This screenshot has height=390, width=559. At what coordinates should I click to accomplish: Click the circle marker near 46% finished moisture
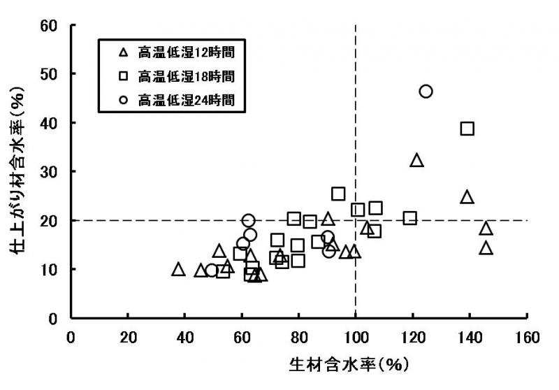(x=426, y=92)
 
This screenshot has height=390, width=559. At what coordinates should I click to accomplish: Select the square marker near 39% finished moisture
(x=467, y=129)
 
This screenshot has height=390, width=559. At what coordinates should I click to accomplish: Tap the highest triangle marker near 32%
(x=416, y=160)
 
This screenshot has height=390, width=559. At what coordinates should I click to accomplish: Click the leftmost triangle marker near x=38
(x=178, y=269)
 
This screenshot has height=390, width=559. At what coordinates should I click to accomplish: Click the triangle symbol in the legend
(x=123, y=52)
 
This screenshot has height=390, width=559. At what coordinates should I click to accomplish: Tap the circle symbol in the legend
(x=123, y=99)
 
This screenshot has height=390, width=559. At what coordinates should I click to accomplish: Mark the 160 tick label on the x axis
(x=526, y=337)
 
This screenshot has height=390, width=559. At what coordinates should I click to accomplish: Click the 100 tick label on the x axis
(x=356, y=337)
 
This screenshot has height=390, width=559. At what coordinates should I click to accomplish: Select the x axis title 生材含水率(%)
(x=349, y=365)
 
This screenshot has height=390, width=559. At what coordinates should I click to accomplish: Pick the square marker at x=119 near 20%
(x=409, y=218)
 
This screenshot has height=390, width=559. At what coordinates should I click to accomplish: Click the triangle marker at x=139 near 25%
(x=467, y=196)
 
